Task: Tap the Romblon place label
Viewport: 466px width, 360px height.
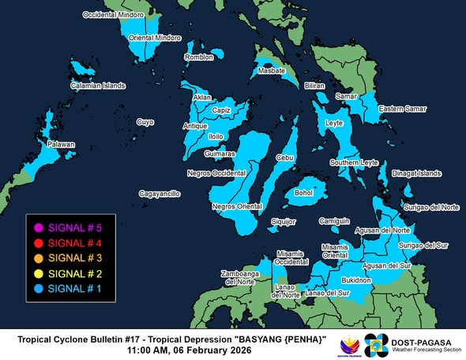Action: click(x=199, y=58)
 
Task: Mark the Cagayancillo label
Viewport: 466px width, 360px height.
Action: click(x=160, y=193)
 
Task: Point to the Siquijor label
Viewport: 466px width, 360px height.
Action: click(x=283, y=222)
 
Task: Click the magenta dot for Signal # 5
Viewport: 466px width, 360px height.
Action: click(x=36, y=227)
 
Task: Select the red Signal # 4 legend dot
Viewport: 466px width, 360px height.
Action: click(x=36, y=242)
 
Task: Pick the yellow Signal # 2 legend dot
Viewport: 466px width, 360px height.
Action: click(x=36, y=273)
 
